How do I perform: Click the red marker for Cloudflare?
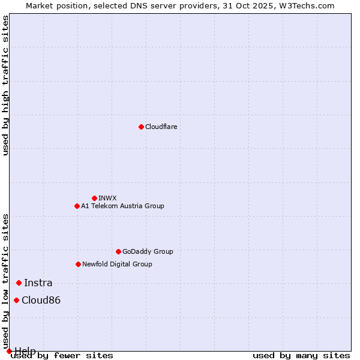(141, 127)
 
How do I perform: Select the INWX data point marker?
(94, 198)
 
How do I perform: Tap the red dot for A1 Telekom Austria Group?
(77, 206)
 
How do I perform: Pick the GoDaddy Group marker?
(118, 251)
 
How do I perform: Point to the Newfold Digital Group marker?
(78, 264)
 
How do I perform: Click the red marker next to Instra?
(19, 283)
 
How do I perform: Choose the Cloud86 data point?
(16, 300)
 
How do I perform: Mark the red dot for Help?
(9, 351)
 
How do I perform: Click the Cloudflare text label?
(161, 127)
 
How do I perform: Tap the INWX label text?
(107, 198)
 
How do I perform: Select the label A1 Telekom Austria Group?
(122, 206)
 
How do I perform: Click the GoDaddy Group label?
(148, 251)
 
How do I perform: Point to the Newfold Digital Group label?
(117, 264)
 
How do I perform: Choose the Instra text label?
(38, 283)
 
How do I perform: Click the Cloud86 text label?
(41, 300)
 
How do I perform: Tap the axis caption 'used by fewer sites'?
(62, 356)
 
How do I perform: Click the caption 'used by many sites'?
(301, 356)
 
